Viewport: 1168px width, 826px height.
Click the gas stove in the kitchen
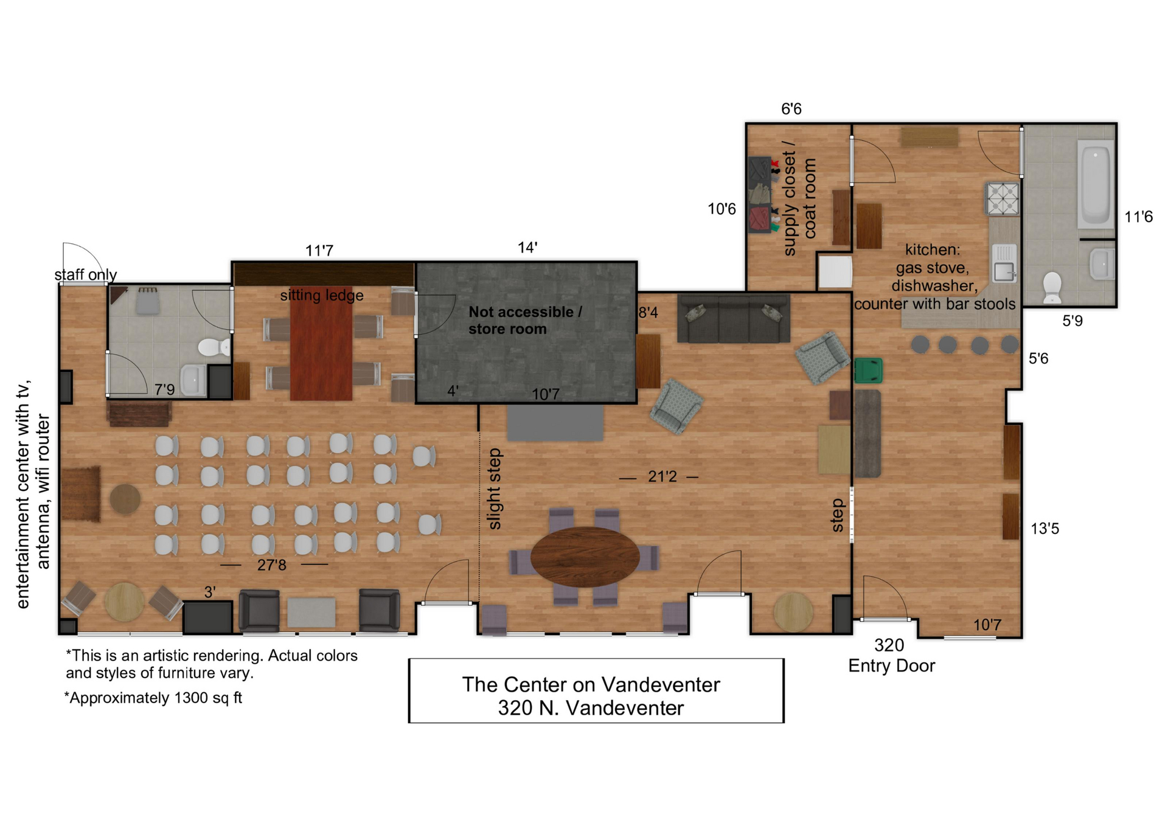click(1002, 198)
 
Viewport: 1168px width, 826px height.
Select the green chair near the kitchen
click(868, 370)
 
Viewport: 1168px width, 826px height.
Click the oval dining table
click(585, 556)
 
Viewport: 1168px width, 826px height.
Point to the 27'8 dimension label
click(271, 565)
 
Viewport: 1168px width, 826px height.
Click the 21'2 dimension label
click(662, 476)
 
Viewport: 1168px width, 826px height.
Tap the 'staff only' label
click(86, 275)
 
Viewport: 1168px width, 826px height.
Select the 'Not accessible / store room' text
click(525, 321)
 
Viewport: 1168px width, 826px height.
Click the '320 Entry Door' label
click(891, 656)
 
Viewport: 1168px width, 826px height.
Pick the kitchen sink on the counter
click(1004, 263)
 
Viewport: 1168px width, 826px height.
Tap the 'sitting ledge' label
click(322, 296)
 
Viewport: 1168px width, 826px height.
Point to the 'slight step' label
click(495, 489)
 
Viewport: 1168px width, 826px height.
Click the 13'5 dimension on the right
click(1045, 529)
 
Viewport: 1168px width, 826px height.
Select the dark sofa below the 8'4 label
click(734, 318)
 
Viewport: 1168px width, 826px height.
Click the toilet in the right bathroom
click(1052, 287)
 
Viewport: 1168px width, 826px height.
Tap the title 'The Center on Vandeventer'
click(591, 685)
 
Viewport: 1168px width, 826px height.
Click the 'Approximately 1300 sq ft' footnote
click(153, 698)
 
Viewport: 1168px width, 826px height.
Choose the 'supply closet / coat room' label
click(799, 198)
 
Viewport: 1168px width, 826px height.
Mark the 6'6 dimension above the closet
click(791, 109)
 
